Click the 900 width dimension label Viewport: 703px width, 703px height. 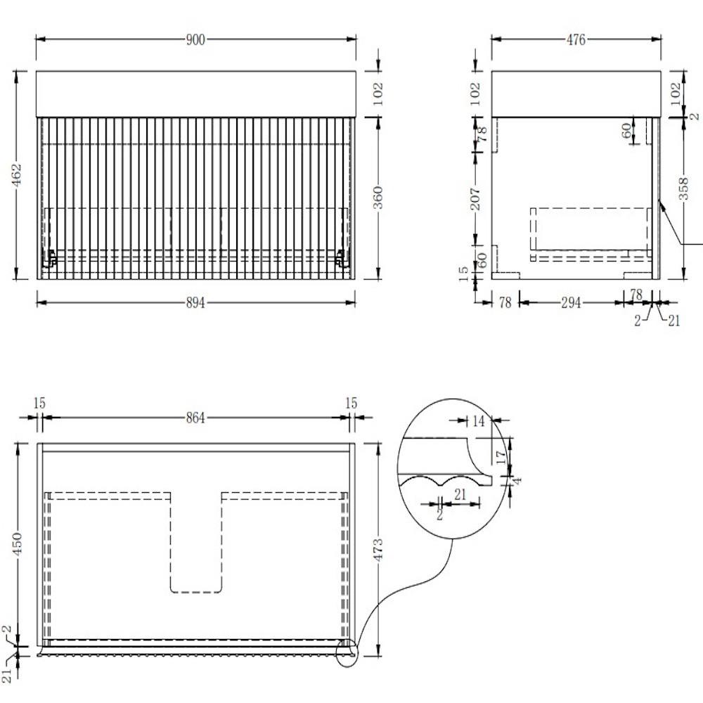195,40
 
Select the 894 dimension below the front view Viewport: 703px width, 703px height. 195,303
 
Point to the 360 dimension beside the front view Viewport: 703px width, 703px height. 378,198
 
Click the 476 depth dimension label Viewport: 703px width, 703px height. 576,40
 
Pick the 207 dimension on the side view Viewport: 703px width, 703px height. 475,200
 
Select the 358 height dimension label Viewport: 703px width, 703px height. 683,188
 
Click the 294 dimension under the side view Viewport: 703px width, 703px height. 571,303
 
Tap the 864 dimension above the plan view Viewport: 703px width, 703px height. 195,418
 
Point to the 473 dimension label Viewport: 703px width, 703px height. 378,550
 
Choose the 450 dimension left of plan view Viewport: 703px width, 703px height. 17,544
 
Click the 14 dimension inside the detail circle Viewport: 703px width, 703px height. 478,421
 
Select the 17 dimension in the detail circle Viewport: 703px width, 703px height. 501,457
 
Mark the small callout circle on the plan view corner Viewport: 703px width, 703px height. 347,654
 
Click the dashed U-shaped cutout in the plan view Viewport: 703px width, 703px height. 196,542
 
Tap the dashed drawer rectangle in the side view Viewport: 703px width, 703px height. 591,229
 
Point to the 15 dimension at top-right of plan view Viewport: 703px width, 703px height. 351,403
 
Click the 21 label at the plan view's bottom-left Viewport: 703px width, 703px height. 6,676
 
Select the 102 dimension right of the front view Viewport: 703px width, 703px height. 378,93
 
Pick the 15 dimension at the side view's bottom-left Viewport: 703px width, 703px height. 463,272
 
